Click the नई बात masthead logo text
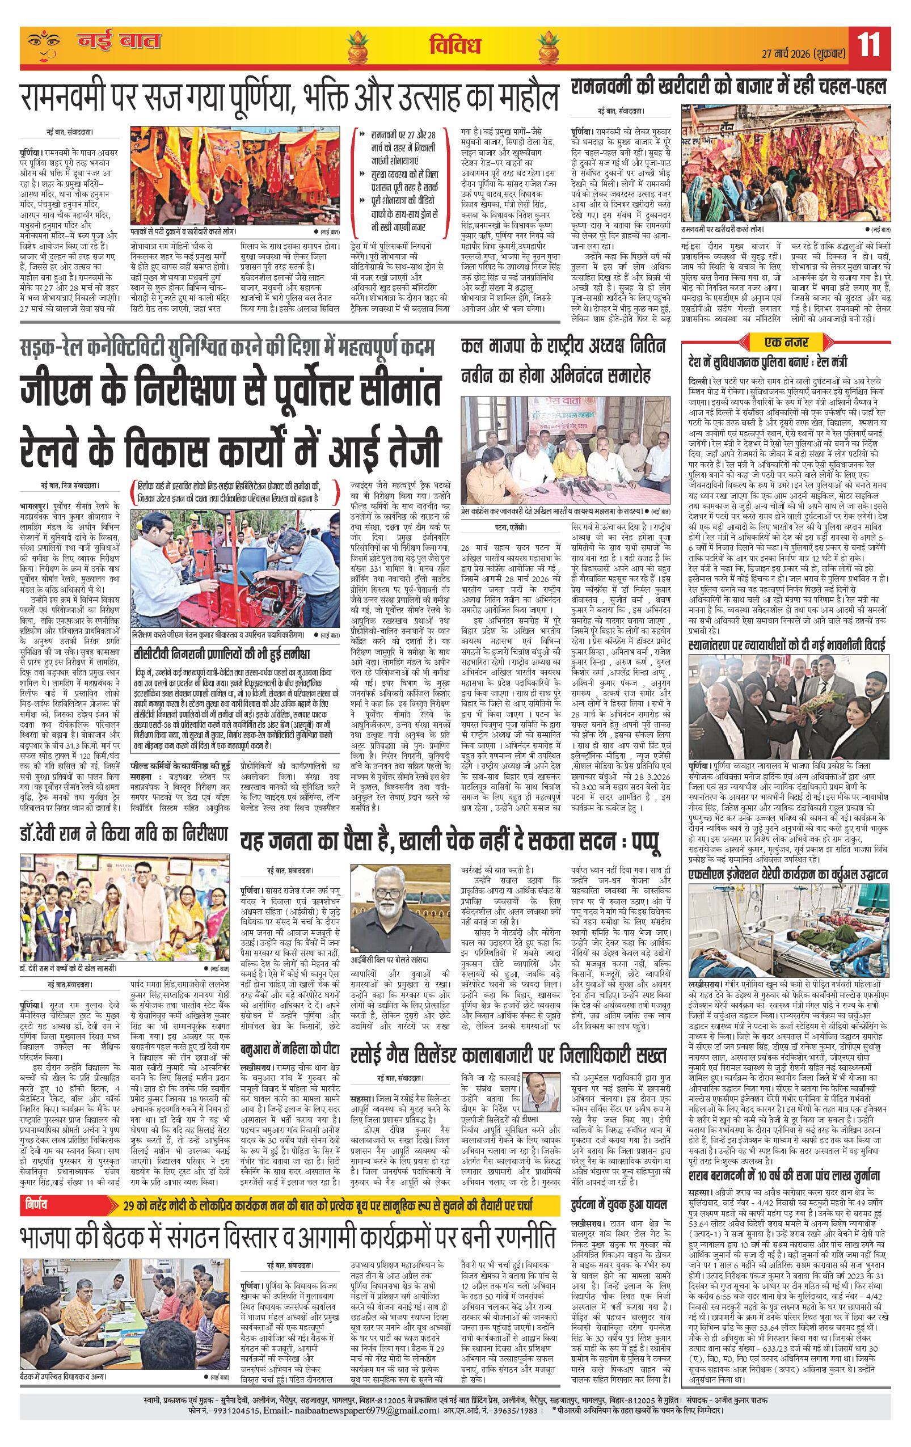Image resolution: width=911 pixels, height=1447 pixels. point(119,42)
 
